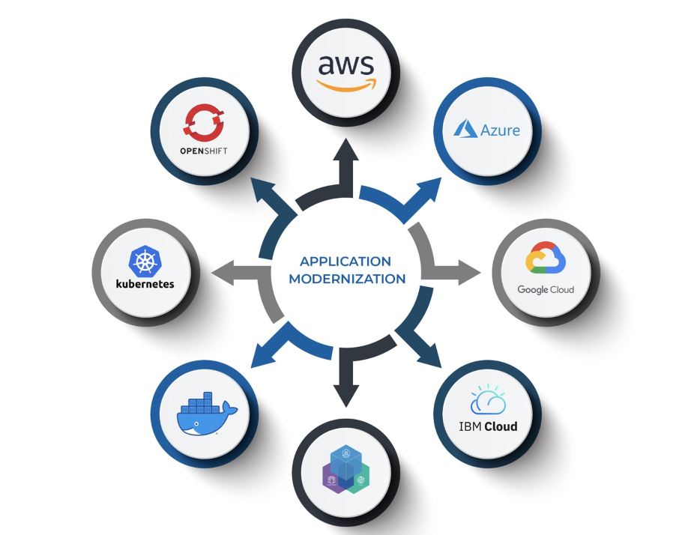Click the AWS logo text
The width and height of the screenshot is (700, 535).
346,65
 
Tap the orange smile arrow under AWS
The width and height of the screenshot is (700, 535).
346,85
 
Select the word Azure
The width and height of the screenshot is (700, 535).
500,130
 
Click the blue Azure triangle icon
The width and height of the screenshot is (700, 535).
465,128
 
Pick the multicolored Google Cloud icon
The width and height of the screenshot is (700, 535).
545,259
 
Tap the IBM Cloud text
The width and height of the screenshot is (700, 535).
488,427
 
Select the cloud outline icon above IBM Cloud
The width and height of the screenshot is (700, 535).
487,402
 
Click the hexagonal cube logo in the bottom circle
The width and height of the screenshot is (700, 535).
346,470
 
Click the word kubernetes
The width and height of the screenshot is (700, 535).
145,284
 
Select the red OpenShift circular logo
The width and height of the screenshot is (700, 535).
204,122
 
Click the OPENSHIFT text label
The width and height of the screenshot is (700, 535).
204,151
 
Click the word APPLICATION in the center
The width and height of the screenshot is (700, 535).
346,262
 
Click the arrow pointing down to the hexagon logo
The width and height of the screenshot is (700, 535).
346,382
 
